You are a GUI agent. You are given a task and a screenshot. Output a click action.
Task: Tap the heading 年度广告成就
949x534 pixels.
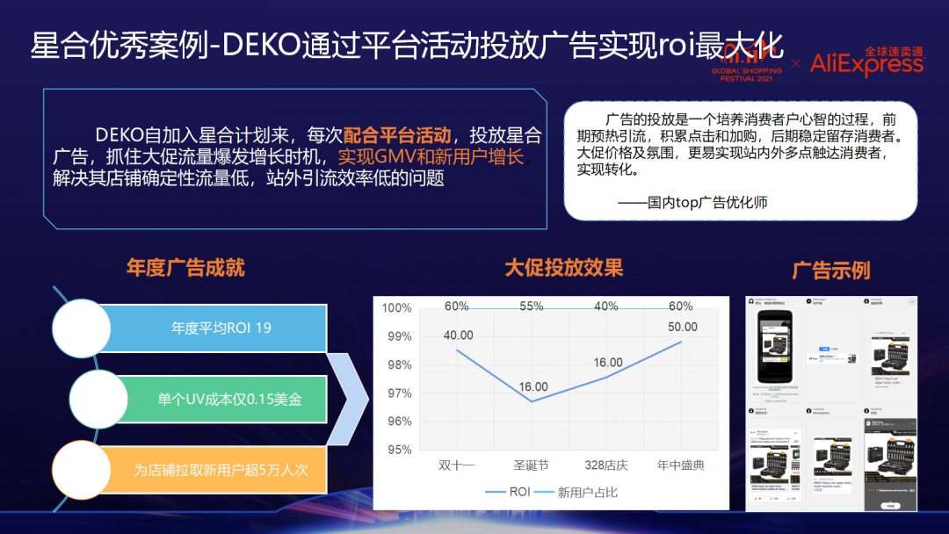coord(185,268)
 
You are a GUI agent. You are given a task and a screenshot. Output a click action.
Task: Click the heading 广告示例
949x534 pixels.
coord(830,270)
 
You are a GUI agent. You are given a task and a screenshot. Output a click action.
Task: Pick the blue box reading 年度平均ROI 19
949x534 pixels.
coord(221,328)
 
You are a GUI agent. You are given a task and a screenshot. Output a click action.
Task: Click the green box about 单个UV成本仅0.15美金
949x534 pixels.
coord(229,399)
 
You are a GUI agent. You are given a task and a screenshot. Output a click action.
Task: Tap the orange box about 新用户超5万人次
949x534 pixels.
coord(221,469)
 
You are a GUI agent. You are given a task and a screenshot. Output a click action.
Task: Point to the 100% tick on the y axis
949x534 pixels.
coord(397,308)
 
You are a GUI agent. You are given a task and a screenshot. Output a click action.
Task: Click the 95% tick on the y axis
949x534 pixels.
coord(397,450)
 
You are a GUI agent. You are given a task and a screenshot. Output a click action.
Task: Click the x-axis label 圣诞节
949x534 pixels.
coord(531,465)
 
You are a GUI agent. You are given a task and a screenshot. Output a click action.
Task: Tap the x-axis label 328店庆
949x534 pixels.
coord(606,465)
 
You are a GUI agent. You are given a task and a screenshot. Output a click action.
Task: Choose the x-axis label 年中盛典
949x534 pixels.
coord(681,465)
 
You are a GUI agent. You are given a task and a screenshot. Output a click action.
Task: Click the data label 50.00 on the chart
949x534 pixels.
coord(682,327)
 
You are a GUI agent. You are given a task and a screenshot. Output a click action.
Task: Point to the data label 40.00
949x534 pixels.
coord(457,336)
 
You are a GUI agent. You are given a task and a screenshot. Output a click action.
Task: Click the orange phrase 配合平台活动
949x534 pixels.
coord(397,135)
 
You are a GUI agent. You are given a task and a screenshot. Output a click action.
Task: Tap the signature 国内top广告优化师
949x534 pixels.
coord(692,202)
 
